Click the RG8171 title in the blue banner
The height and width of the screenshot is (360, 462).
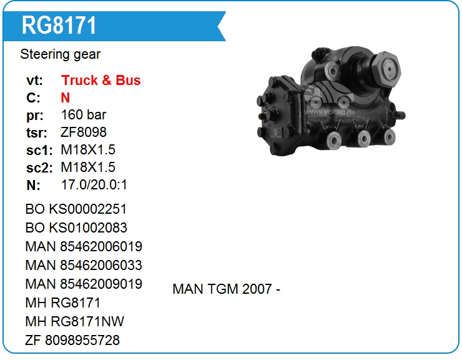pyautogui.click(x=59, y=26)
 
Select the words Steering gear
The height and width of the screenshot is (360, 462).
pyautogui.click(x=60, y=54)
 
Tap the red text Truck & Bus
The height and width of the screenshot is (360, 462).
pyautogui.click(x=101, y=80)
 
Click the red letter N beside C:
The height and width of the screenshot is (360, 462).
pyautogui.click(x=66, y=97)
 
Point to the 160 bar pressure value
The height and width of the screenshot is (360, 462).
pyautogui.click(x=84, y=115)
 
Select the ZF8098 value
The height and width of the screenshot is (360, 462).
pyautogui.click(x=84, y=132)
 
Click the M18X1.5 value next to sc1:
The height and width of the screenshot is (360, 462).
pyautogui.click(x=88, y=149)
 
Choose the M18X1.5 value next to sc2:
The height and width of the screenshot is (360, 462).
pyautogui.click(x=88, y=167)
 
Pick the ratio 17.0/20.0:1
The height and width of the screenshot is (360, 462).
pyautogui.click(x=94, y=185)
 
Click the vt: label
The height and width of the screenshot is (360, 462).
pyautogui.click(x=34, y=81)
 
